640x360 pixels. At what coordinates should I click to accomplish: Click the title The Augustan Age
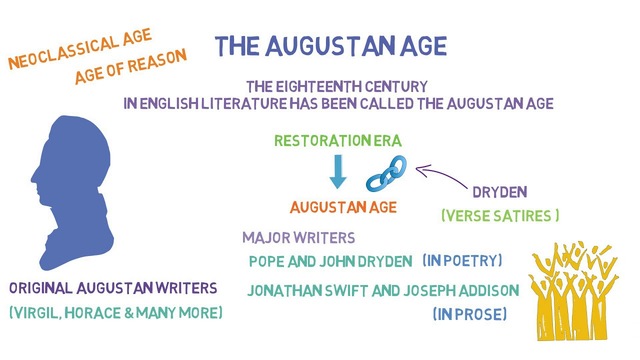coord(331,46)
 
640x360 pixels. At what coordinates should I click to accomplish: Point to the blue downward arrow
coord(338,172)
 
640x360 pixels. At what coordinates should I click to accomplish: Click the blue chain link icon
coord(385,173)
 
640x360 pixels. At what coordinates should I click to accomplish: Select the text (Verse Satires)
coord(500,215)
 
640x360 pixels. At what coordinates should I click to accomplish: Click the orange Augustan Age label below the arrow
coord(343,207)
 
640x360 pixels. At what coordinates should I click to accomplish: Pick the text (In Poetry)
coord(461,260)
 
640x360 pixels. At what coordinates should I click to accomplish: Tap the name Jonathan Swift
coord(303,291)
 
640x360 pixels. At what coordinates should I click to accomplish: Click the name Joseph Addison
coord(462,291)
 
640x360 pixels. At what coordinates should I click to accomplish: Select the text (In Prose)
coord(470,314)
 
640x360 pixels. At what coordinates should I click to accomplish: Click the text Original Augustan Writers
coord(113,287)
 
